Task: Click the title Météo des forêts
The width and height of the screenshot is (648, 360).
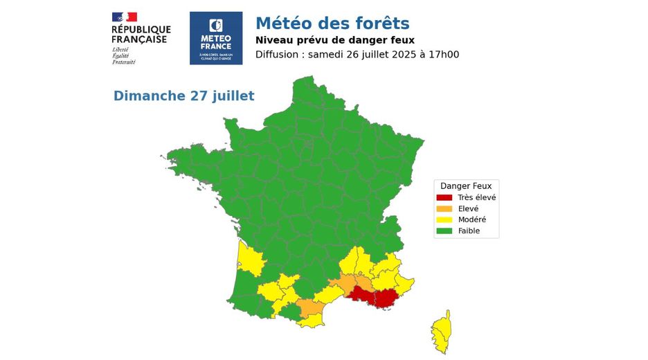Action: [332, 24]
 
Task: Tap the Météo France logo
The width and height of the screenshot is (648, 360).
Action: [216, 38]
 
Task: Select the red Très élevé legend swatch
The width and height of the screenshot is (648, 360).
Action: [444, 197]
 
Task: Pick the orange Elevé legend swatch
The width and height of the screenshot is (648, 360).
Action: [444, 208]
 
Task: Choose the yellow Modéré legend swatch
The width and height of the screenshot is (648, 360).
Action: [444, 219]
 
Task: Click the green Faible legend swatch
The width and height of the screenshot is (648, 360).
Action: [444, 231]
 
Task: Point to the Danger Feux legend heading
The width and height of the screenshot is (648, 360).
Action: [466, 186]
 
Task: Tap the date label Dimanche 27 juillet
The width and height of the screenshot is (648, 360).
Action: [183, 96]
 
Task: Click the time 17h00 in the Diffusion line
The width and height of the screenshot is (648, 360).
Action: [443, 55]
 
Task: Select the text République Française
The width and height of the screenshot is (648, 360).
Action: [141, 34]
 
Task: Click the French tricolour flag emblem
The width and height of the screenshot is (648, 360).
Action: [125, 17]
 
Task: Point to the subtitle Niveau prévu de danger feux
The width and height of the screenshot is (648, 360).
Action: [335, 40]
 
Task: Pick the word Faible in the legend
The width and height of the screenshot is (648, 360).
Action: [469, 231]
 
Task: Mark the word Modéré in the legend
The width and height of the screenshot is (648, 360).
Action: [471, 219]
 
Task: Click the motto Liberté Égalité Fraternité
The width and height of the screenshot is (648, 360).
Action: [124, 56]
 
